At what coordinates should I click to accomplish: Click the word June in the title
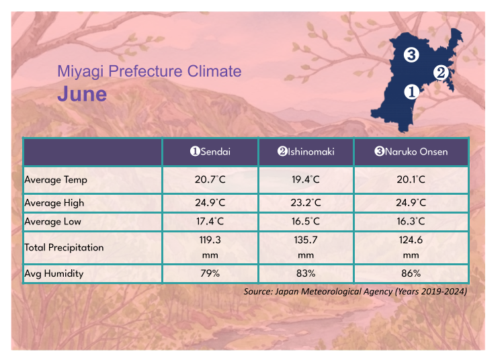point(81,93)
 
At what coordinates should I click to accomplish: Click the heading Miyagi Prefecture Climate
point(149,71)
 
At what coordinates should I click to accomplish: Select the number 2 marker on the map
point(441,73)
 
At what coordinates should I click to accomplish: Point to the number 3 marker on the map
point(411,54)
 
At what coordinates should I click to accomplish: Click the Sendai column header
point(210,152)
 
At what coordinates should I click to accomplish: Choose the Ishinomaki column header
point(306,152)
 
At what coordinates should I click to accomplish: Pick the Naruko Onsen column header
point(411,152)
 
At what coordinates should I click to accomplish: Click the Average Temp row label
point(56,180)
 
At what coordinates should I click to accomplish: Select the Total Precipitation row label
point(64,247)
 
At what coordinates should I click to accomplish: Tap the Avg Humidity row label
point(54,273)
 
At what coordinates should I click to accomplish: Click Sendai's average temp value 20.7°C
point(210,180)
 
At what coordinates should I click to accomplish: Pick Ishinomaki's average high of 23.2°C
point(306,203)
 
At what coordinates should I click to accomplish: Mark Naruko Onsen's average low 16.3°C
point(411,222)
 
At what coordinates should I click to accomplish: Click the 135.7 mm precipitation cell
point(306,247)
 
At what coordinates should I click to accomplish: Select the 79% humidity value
point(210,273)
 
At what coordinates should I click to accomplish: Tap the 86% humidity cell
point(411,273)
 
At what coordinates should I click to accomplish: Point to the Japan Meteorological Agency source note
point(355,291)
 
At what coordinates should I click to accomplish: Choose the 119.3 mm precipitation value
point(210,247)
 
